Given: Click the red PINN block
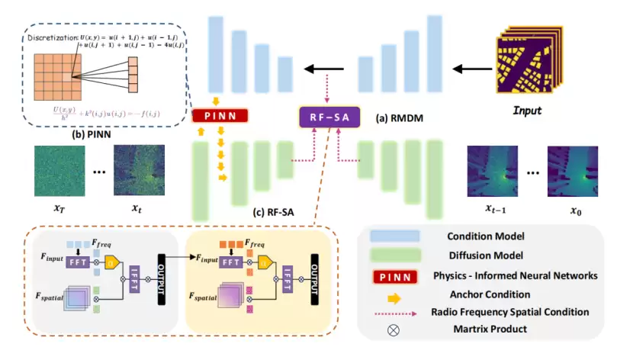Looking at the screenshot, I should [x=220, y=116].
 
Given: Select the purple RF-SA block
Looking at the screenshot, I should [x=331, y=118].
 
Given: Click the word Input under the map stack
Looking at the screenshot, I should [x=526, y=111].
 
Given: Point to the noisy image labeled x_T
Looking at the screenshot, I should [x=56, y=169].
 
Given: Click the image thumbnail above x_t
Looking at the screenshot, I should [x=139, y=169].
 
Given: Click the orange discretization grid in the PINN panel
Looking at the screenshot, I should [x=53, y=76].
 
